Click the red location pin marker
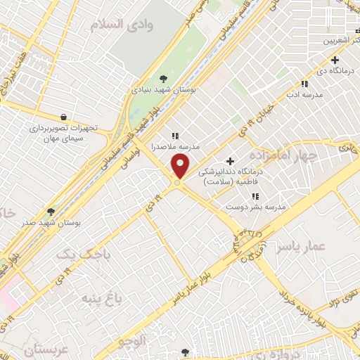(x=181, y=167)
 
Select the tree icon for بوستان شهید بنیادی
(x=164, y=78)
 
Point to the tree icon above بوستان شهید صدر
(x=51, y=211)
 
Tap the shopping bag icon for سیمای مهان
(x=65, y=117)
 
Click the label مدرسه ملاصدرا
(x=176, y=146)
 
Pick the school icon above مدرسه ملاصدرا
(x=174, y=136)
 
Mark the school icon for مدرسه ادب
(x=304, y=83)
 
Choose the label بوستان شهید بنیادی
(x=164, y=90)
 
